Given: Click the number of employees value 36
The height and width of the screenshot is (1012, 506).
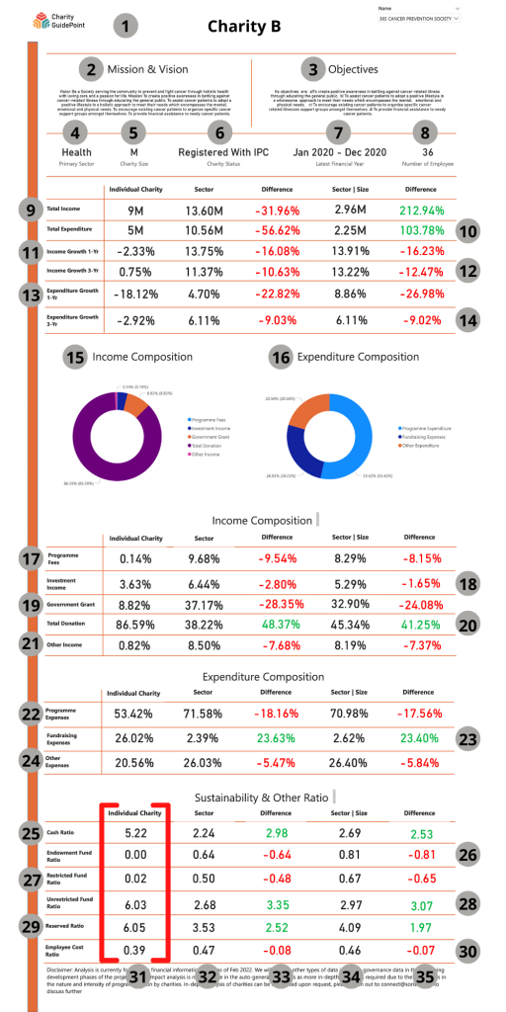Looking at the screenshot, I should click(427, 152).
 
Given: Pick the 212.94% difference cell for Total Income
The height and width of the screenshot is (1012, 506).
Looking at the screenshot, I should click(425, 210).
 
